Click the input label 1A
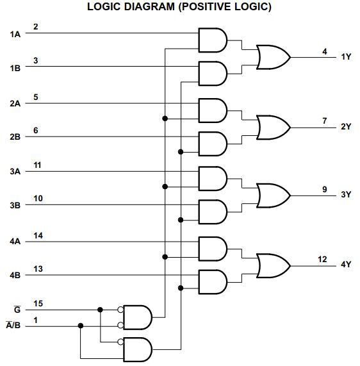pyautogui.click(x=15, y=33)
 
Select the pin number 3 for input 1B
pyautogui.click(x=36, y=60)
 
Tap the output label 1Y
pyautogui.click(x=346, y=57)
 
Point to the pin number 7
pyautogui.click(x=325, y=121)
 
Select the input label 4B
pyautogui.click(x=15, y=276)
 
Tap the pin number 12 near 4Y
pyautogui.click(x=322, y=259)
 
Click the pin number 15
pyautogui.click(x=38, y=303)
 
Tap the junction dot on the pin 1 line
pyautogui.click(x=81, y=326)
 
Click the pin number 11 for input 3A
pyautogui.click(x=38, y=165)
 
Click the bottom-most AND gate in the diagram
pyautogui.click(x=137, y=349)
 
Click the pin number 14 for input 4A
pyautogui.click(x=38, y=235)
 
